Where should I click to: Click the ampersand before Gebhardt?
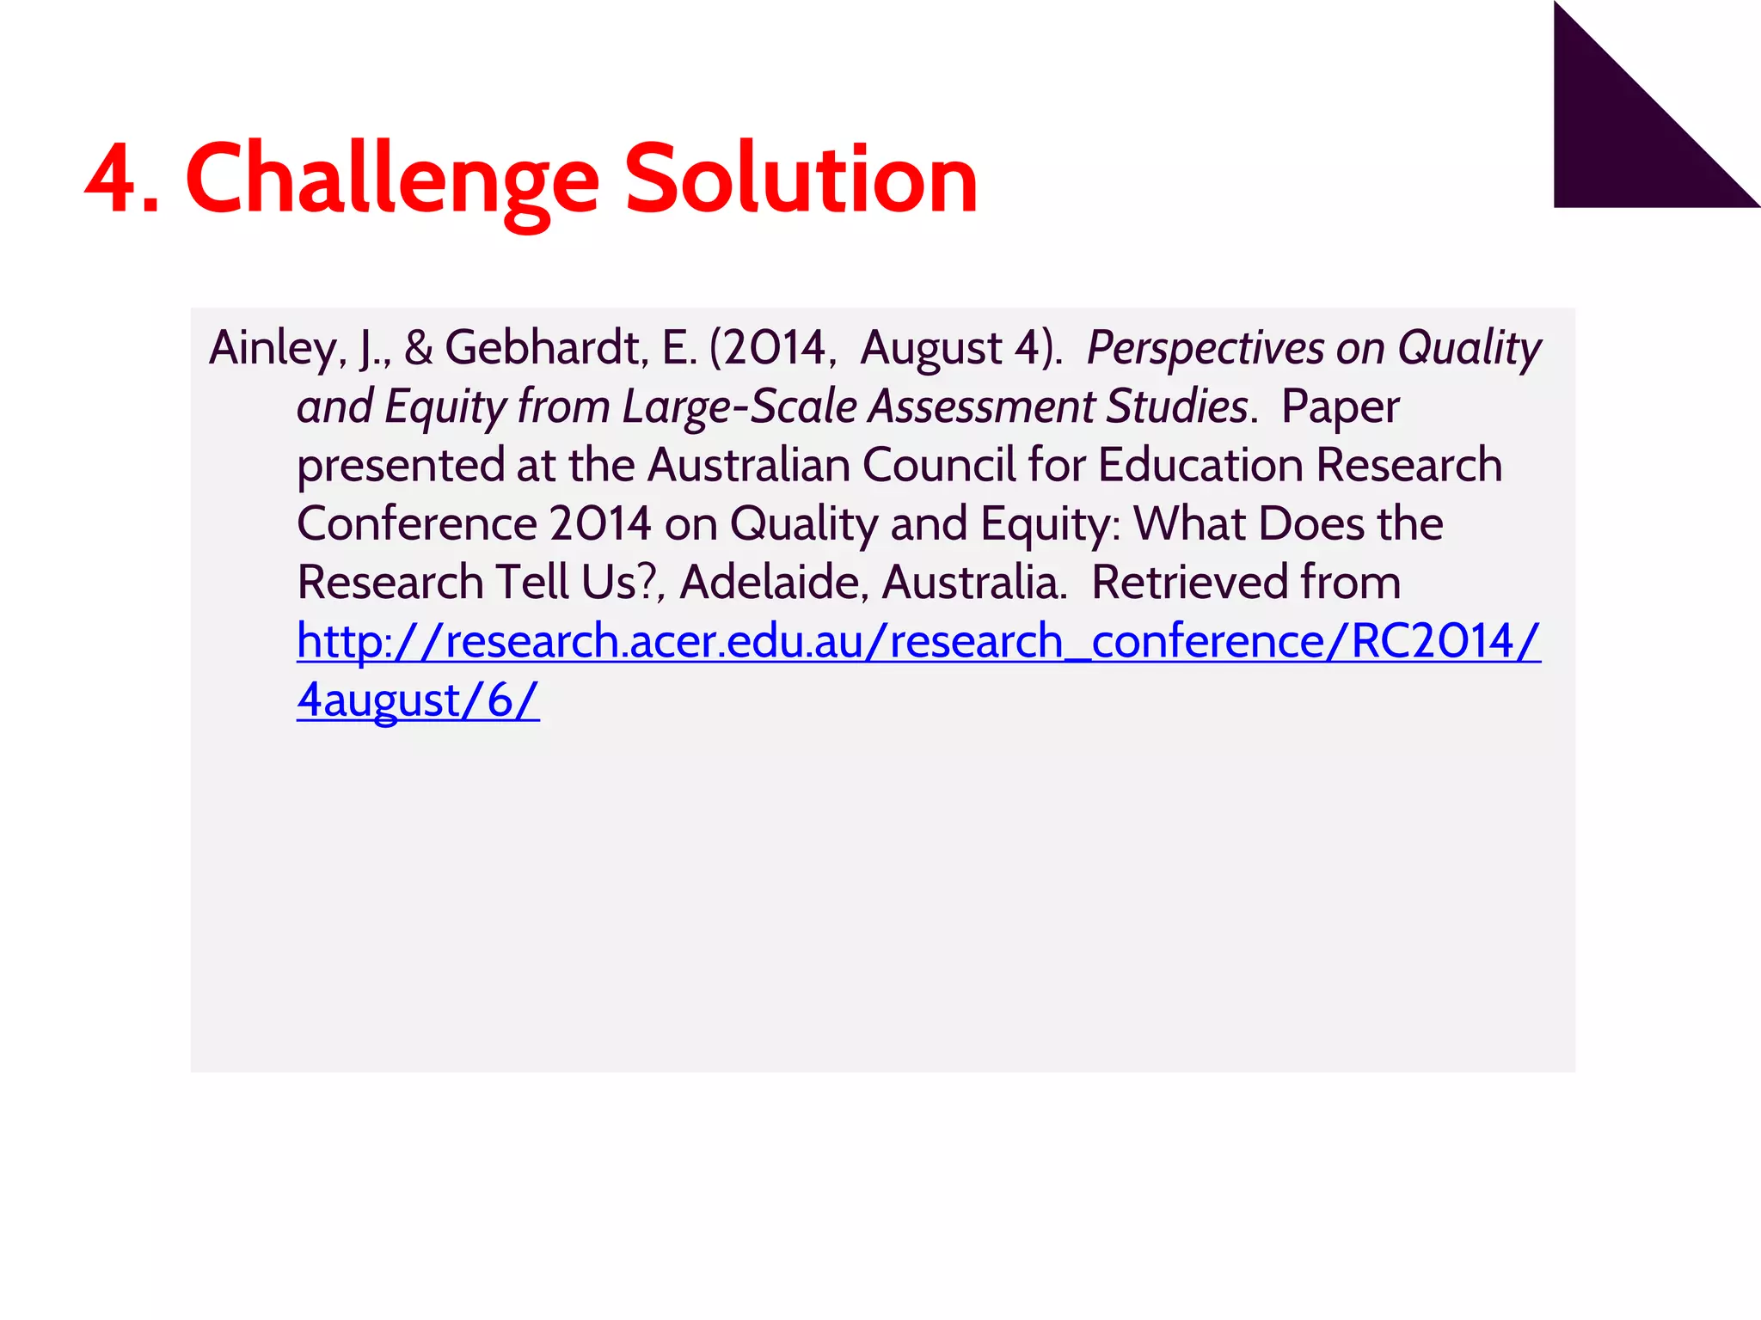(x=418, y=349)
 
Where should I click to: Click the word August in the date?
(x=930, y=349)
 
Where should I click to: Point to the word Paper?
(x=1340, y=406)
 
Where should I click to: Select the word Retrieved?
(x=1188, y=583)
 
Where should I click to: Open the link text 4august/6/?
(x=418, y=700)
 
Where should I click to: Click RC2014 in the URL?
(x=1433, y=641)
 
